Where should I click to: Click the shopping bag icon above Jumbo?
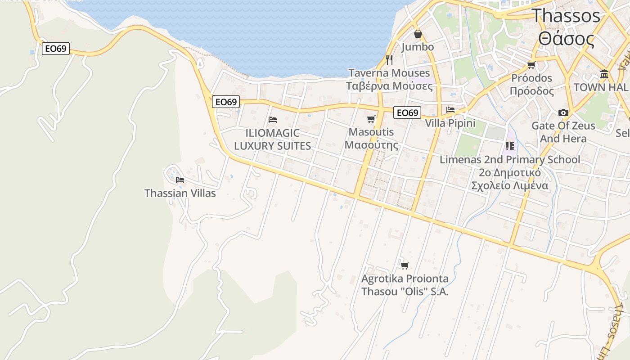click(x=418, y=34)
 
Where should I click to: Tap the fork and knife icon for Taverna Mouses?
click(x=389, y=59)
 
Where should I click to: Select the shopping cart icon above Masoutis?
click(x=371, y=119)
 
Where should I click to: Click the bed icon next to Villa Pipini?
click(x=450, y=110)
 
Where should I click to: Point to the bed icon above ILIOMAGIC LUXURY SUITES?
click(x=272, y=120)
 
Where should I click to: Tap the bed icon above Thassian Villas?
click(x=180, y=180)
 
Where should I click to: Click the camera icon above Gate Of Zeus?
click(x=563, y=112)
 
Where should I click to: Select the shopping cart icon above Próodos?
click(x=531, y=65)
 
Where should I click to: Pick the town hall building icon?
click(x=604, y=74)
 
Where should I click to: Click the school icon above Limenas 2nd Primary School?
click(x=509, y=146)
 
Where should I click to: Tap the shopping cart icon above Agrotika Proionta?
click(x=405, y=265)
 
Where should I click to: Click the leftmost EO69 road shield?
click(x=56, y=49)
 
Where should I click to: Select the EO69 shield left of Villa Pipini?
click(x=407, y=112)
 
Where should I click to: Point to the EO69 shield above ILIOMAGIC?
click(x=226, y=102)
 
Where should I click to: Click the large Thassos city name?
click(x=566, y=16)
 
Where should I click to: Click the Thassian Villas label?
click(x=180, y=193)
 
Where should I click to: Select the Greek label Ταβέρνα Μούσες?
click(x=389, y=85)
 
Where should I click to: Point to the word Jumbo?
click(x=418, y=47)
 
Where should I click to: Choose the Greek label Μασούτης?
click(x=371, y=145)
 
